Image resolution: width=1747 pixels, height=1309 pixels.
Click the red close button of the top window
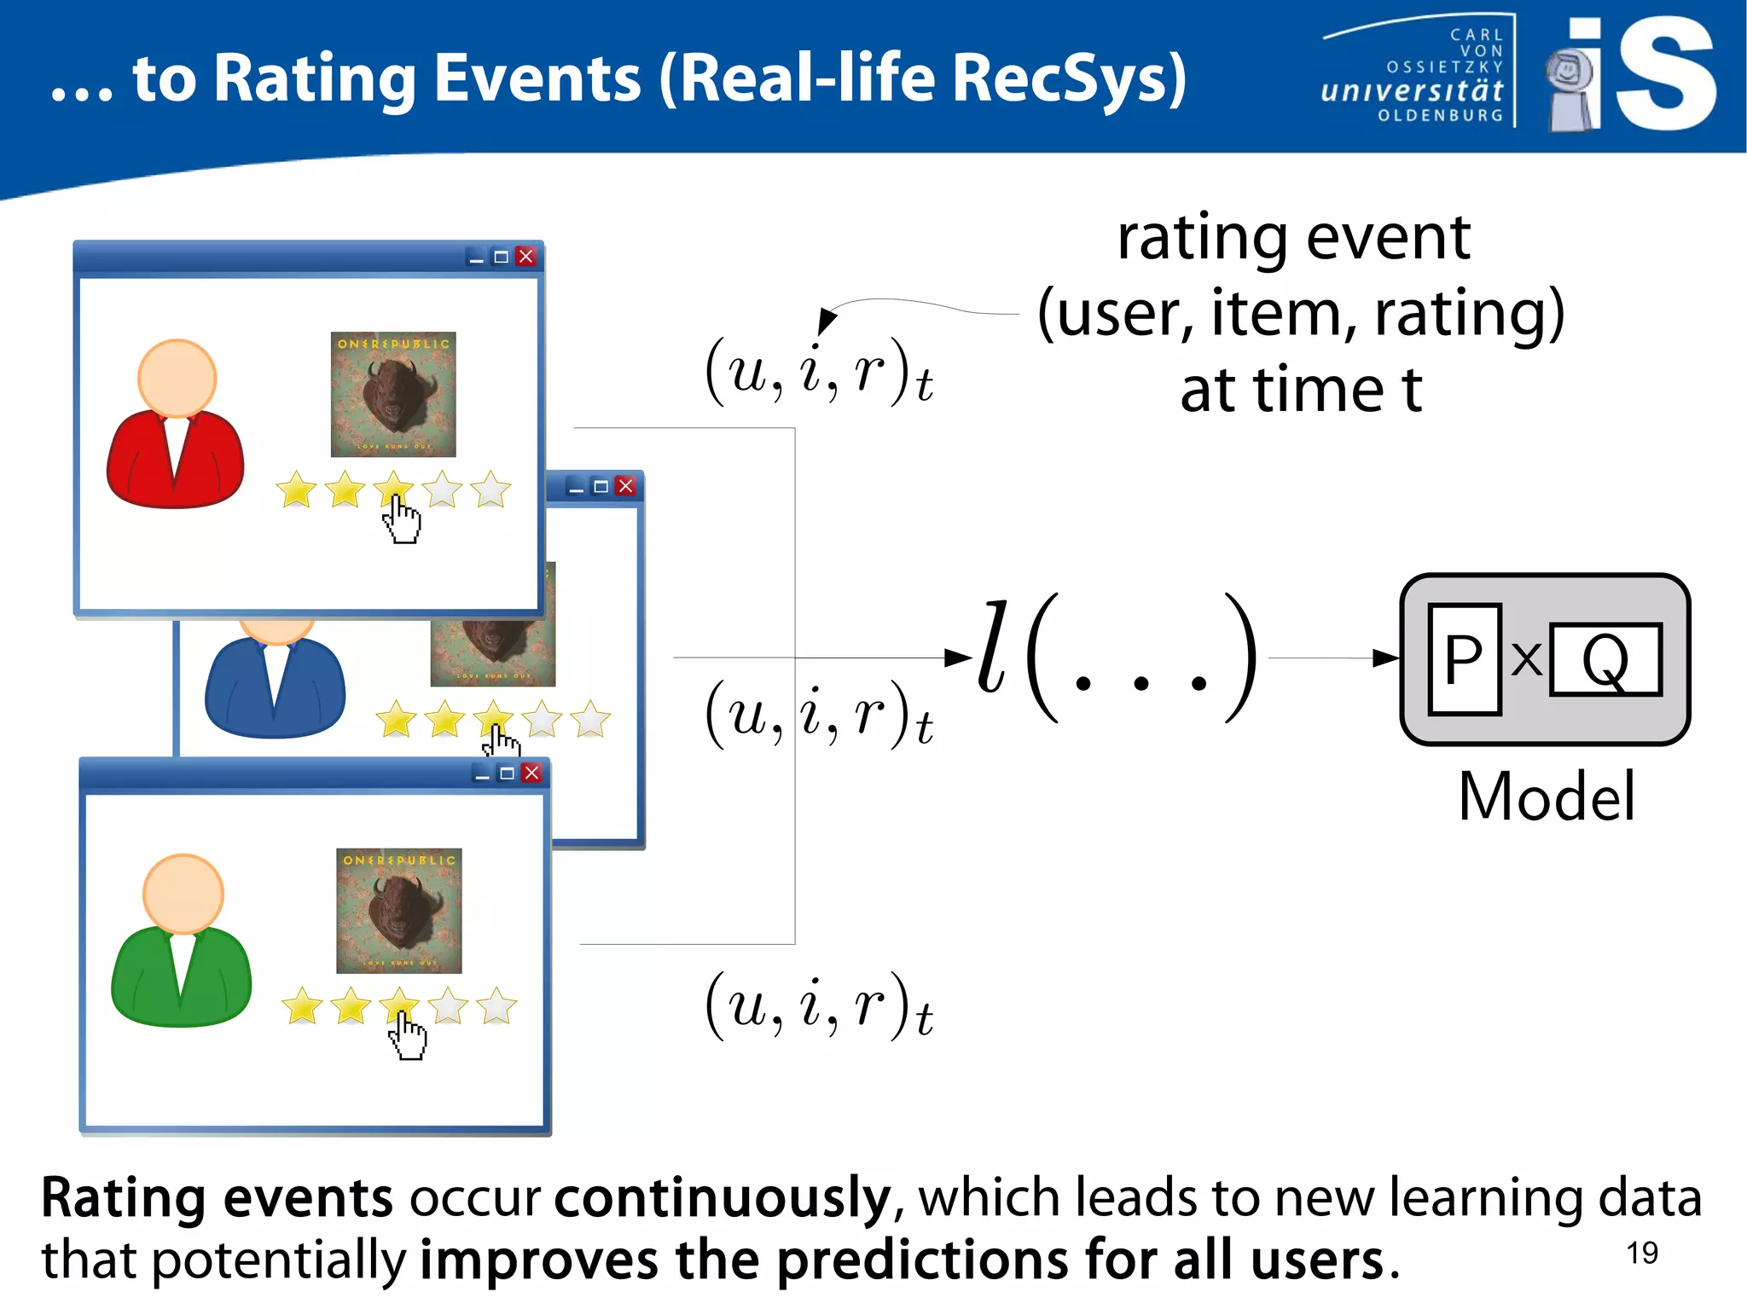pyautogui.click(x=525, y=257)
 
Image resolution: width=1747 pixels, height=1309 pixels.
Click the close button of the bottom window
pyautogui.click(x=531, y=773)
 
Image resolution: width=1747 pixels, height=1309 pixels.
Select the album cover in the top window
pyautogui.click(x=393, y=394)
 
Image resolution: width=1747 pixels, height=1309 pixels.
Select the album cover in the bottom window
pyautogui.click(x=398, y=911)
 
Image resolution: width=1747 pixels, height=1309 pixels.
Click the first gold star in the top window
pyautogui.click(x=296, y=489)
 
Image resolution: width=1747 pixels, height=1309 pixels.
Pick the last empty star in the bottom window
pyautogui.click(x=496, y=1006)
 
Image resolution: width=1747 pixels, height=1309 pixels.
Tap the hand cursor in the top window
pyautogui.click(x=401, y=518)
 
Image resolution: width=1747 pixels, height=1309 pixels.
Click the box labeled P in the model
pyautogui.click(x=1464, y=658)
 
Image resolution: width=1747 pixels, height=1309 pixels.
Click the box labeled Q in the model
pyautogui.click(x=1605, y=659)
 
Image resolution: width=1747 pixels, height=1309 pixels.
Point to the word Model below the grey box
pyautogui.click(x=1546, y=796)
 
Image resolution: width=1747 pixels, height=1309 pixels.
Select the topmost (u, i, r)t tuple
pyautogui.click(x=818, y=374)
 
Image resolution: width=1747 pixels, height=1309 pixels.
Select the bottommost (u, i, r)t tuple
pyautogui.click(x=818, y=1007)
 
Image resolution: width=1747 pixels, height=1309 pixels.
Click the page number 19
pyautogui.click(x=1641, y=1253)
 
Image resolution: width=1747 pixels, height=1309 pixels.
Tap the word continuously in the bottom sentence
pyautogui.click(x=722, y=1198)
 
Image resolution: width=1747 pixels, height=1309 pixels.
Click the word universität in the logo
pyautogui.click(x=1412, y=90)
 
